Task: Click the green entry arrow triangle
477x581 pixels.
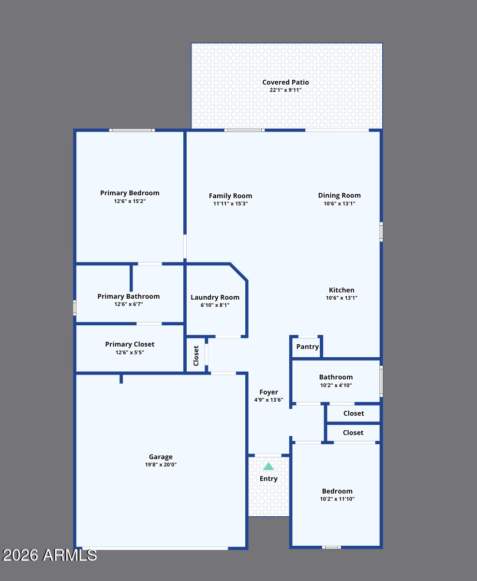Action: coord(268,466)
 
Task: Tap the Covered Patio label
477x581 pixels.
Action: coord(285,82)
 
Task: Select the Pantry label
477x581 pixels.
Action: coord(307,347)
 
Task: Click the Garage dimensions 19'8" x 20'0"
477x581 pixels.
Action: coord(161,465)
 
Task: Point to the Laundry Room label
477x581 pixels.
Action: coord(215,298)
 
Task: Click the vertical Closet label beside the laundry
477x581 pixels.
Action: coord(196,356)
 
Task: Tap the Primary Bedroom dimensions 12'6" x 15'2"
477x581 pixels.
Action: coord(130,201)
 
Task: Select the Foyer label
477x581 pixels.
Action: coord(268,392)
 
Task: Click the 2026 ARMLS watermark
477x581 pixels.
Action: coord(50,555)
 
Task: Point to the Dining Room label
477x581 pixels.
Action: coord(339,195)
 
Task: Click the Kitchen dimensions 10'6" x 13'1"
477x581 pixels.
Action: coord(342,298)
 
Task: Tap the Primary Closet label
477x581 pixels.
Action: coord(130,344)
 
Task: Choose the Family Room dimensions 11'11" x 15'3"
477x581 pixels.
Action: coord(230,203)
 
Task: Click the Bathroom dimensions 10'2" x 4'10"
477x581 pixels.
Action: coord(336,385)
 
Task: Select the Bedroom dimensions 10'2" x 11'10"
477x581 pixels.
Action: coord(337,499)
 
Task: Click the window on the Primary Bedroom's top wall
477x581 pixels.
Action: coord(132,131)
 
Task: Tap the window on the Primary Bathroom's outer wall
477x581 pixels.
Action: coord(75,308)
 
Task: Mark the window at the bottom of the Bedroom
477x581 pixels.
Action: coord(331,547)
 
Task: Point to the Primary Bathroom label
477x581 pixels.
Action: coord(129,296)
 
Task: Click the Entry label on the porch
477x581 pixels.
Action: coord(268,479)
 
